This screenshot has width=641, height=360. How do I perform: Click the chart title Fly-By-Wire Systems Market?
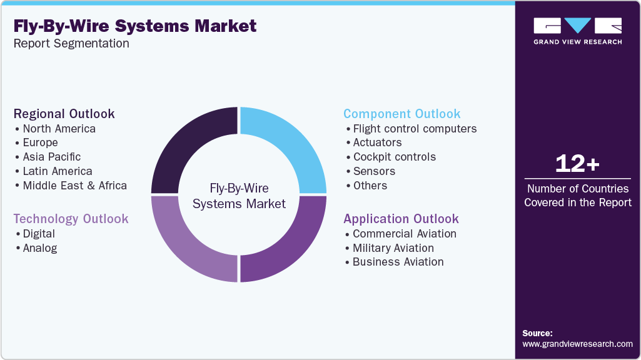click(134, 26)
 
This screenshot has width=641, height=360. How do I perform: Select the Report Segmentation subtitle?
click(71, 44)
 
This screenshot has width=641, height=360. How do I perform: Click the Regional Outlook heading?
click(64, 114)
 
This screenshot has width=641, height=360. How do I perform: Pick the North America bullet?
click(59, 129)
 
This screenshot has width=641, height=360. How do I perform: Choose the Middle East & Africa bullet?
click(74, 186)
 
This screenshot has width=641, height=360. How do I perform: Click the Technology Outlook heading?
click(71, 219)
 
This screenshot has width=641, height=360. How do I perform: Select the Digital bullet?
click(39, 234)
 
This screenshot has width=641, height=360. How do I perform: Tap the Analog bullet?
click(39, 248)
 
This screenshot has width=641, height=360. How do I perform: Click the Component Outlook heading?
click(402, 114)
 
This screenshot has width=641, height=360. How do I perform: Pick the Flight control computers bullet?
click(415, 129)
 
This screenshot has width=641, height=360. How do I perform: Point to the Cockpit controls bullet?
click(394, 157)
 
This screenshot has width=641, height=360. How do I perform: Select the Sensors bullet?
click(374, 171)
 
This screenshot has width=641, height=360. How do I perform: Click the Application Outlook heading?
click(401, 219)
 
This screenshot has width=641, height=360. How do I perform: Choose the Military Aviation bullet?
click(393, 248)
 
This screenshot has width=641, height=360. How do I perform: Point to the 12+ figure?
click(577, 164)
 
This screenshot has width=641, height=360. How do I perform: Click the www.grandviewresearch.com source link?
click(577, 344)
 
